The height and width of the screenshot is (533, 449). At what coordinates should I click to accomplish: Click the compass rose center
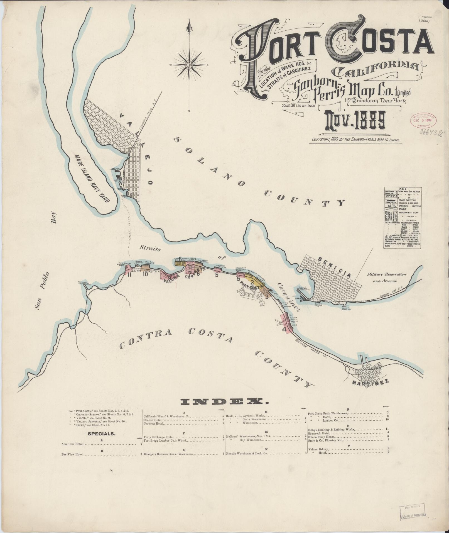click(x=189, y=65)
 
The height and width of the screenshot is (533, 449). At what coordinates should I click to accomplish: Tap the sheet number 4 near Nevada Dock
click(x=284, y=329)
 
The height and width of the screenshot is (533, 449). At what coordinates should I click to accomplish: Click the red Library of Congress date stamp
click(x=423, y=120)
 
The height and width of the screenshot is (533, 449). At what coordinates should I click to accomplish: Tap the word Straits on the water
click(x=150, y=249)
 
